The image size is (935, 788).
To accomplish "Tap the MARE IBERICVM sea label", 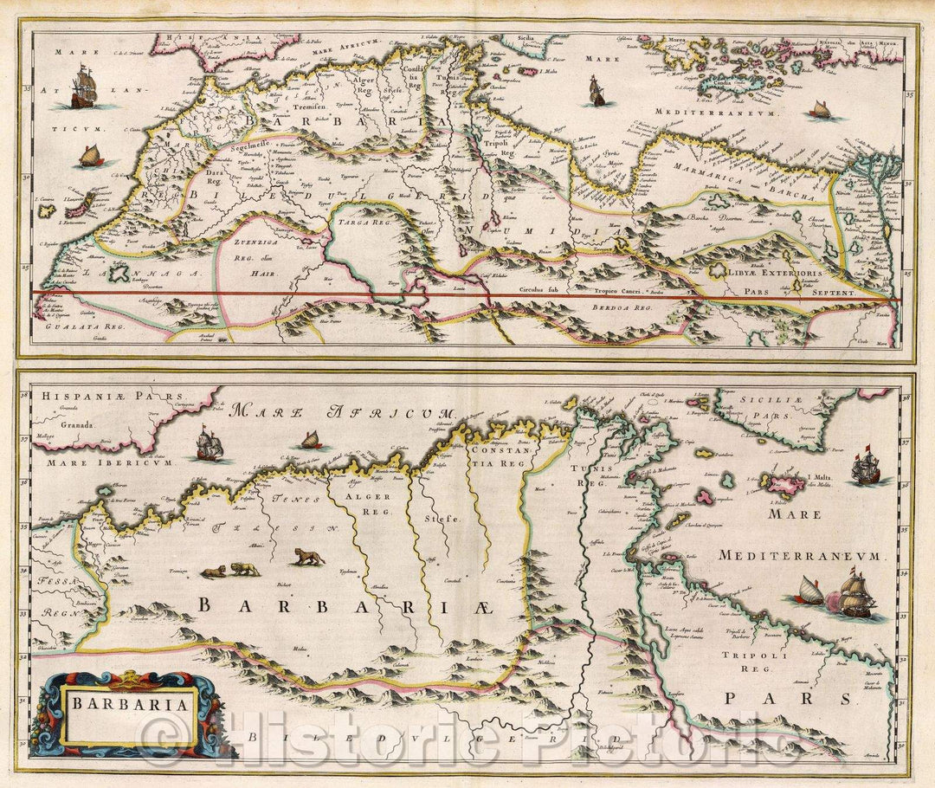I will pyautogui.click(x=87, y=462).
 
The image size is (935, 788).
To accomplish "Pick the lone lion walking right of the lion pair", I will pyautogui.click(x=307, y=556).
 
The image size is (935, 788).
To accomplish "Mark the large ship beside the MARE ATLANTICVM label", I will pyautogui.click(x=83, y=87).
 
